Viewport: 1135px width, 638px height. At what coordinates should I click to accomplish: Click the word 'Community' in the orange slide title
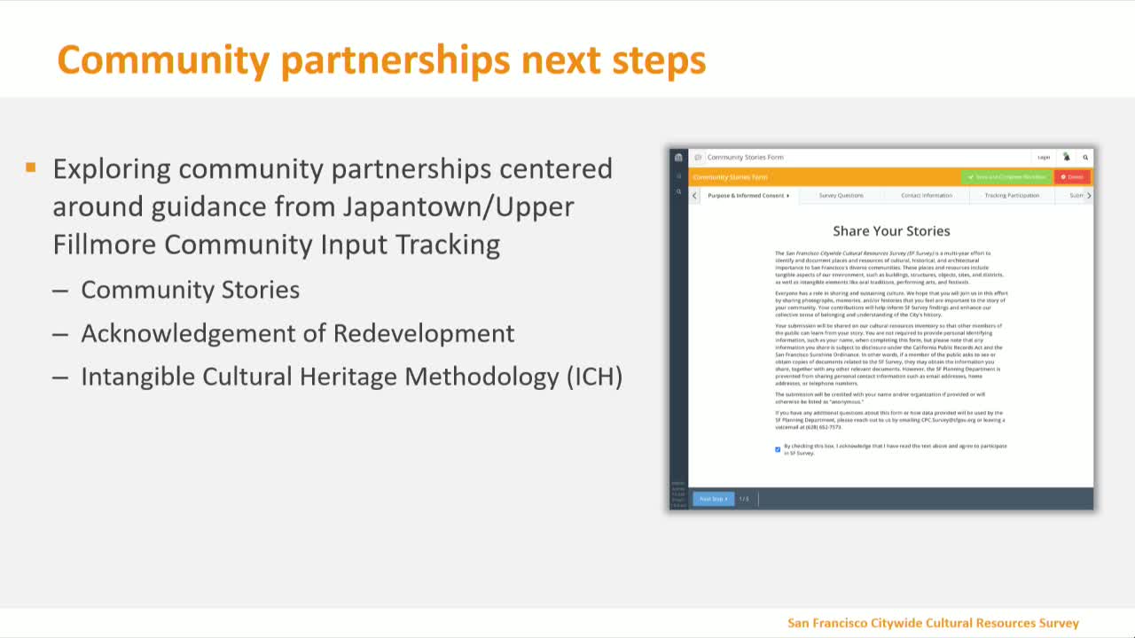[x=163, y=60]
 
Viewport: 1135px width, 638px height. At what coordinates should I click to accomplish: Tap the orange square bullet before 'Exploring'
[x=31, y=167]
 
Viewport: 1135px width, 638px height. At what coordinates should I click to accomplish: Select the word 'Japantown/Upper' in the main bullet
[x=458, y=206]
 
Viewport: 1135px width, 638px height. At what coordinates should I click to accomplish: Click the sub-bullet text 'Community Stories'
[x=190, y=290]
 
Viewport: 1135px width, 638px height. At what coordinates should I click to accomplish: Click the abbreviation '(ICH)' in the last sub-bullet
[x=594, y=377]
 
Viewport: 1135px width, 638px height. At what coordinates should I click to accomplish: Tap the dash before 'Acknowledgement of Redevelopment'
[x=60, y=333]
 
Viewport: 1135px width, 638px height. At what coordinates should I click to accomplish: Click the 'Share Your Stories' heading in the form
[x=891, y=231]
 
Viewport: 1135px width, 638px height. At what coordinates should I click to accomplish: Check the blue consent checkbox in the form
[x=778, y=449]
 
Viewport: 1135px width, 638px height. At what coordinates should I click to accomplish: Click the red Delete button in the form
[x=1072, y=177]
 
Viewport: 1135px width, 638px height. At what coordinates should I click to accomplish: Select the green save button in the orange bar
[x=1006, y=177]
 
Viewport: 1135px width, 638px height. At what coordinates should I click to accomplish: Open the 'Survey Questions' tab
[x=841, y=195]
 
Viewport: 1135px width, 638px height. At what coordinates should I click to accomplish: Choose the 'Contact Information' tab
[x=927, y=195]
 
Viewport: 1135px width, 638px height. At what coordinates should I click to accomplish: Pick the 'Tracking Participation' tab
[x=1012, y=195]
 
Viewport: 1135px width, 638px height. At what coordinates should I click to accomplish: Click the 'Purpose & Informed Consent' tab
[x=748, y=195]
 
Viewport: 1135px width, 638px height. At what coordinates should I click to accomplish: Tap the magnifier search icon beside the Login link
[x=1085, y=157]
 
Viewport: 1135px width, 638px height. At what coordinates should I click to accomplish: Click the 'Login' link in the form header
[x=1044, y=157]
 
